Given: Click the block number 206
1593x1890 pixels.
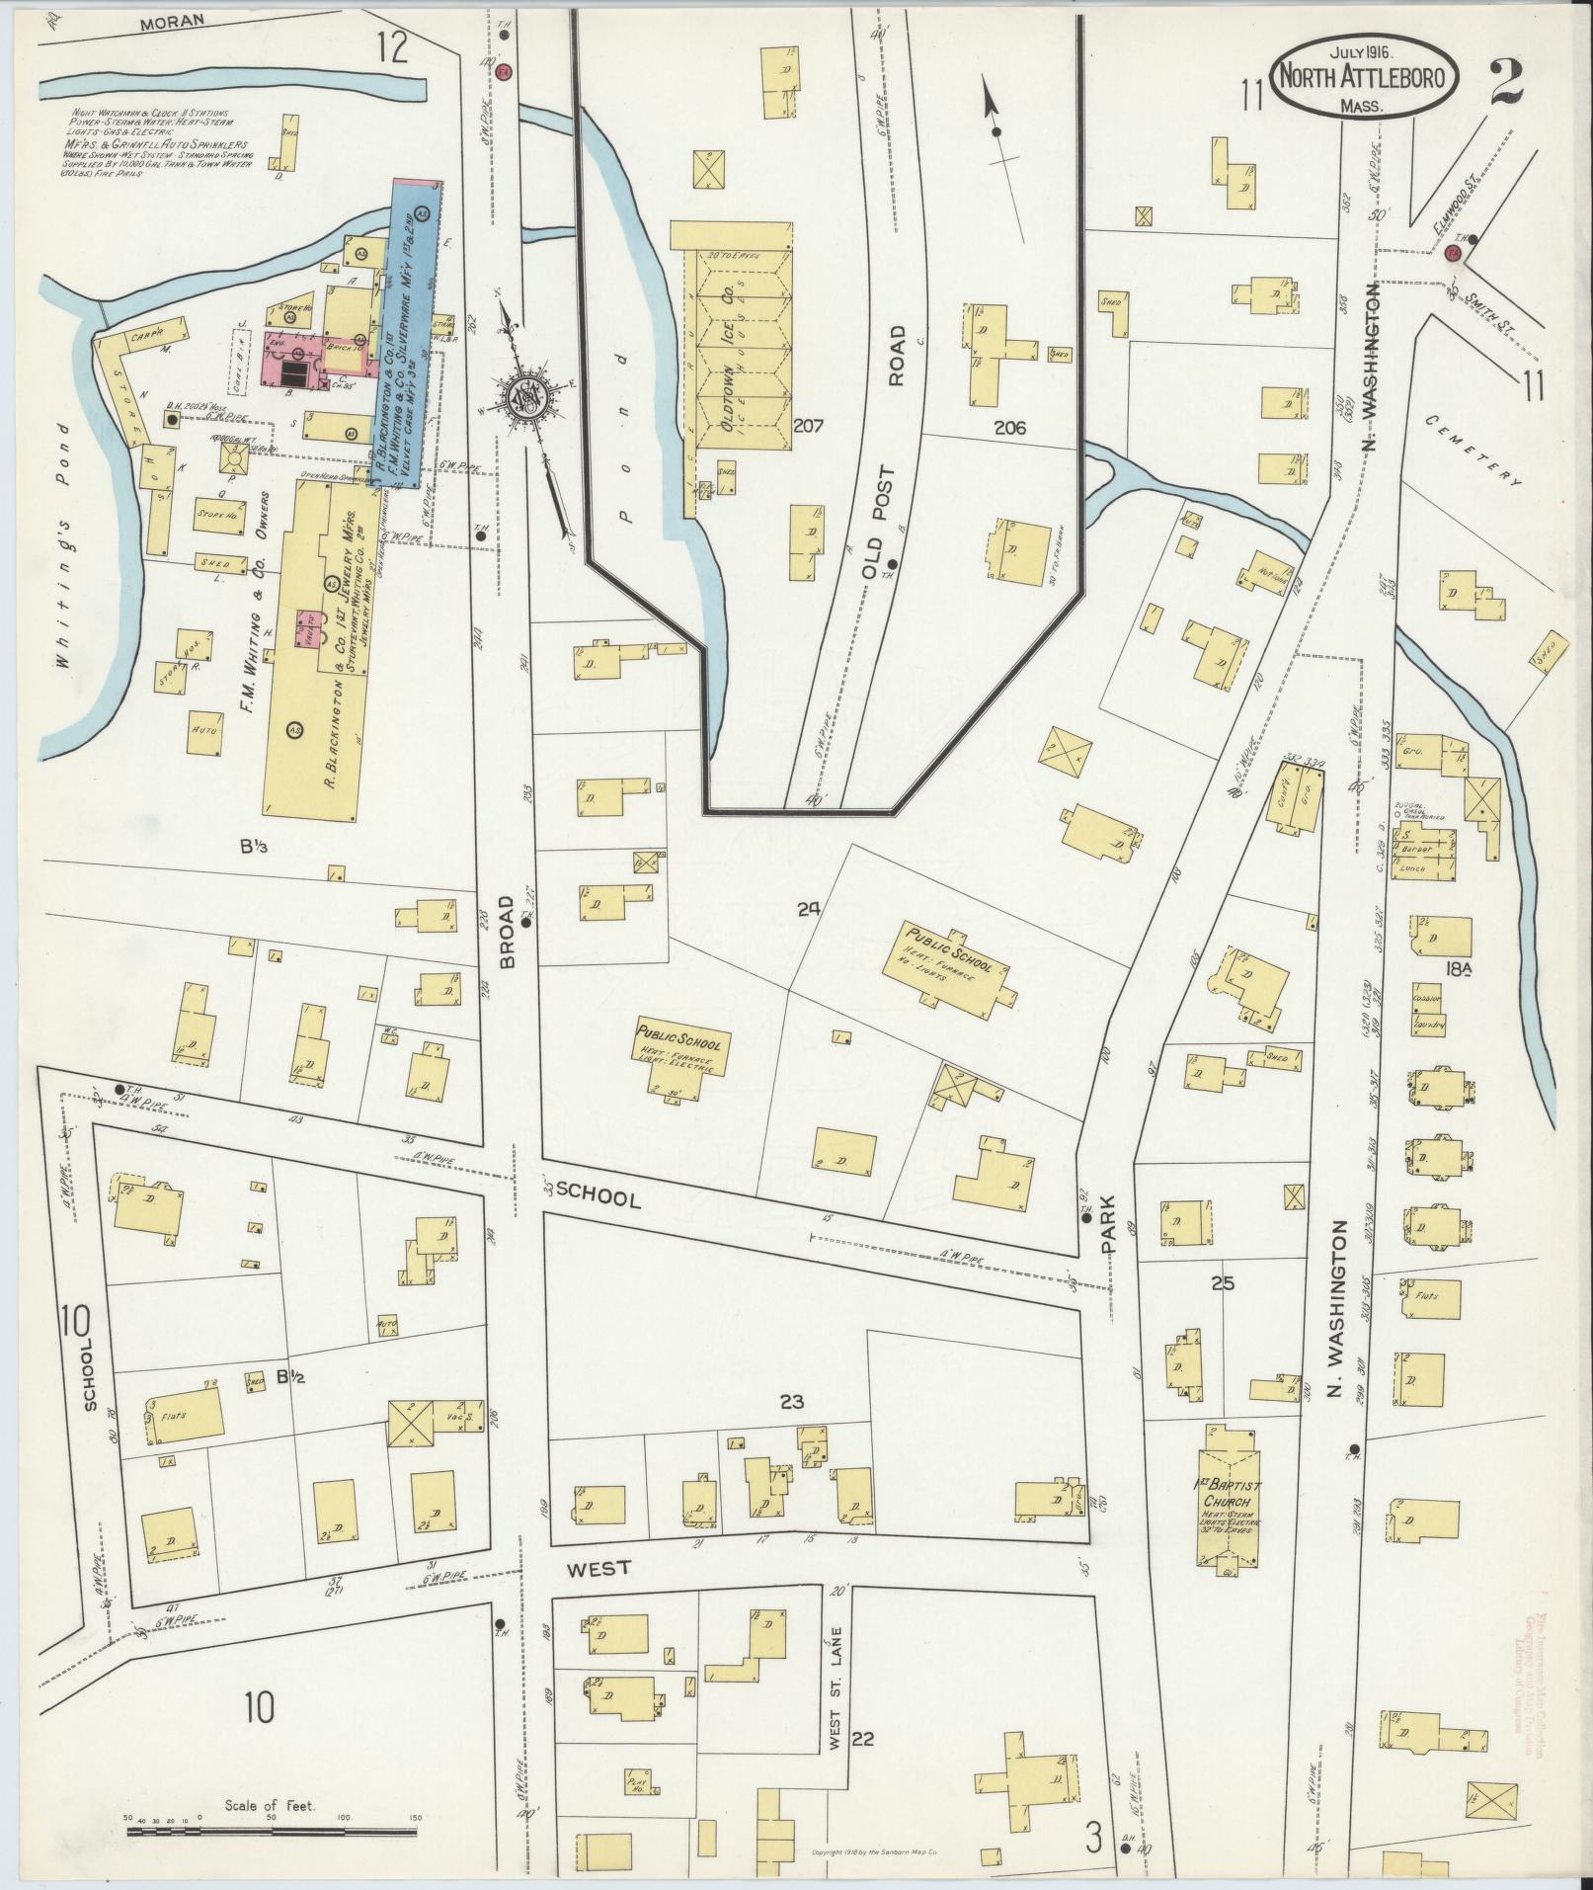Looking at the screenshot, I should (x=1010, y=428).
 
